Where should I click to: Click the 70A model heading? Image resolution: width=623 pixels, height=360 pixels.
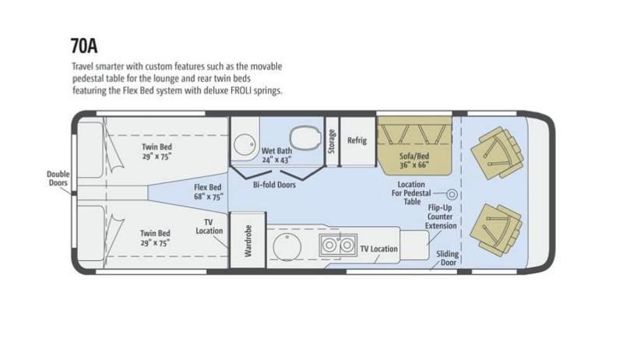pos(84,46)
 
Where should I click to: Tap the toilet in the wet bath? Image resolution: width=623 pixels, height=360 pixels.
pos(305,138)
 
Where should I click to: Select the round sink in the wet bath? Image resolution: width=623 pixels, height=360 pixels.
pos(244,145)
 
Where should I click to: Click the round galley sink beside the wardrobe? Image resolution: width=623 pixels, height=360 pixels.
pos(287,247)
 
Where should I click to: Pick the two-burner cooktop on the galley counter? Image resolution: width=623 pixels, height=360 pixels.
pos(338,245)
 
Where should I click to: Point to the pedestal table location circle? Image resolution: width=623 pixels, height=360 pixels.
pos(452,194)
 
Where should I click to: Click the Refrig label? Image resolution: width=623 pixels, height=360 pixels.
pos(357,140)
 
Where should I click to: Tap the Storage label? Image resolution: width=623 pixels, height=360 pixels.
pos(332,142)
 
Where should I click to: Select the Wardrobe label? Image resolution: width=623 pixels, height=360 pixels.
pos(248,241)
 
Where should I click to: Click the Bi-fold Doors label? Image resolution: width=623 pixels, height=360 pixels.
pos(274,185)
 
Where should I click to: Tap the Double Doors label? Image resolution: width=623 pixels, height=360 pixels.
pos(58,178)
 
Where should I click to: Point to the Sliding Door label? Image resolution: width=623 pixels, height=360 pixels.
pos(448,258)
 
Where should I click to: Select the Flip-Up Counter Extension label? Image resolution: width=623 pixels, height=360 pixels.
pos(441,217)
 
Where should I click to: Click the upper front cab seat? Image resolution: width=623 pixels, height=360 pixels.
pos(497,153)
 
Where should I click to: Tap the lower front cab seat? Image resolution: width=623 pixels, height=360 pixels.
pos(496,230)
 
